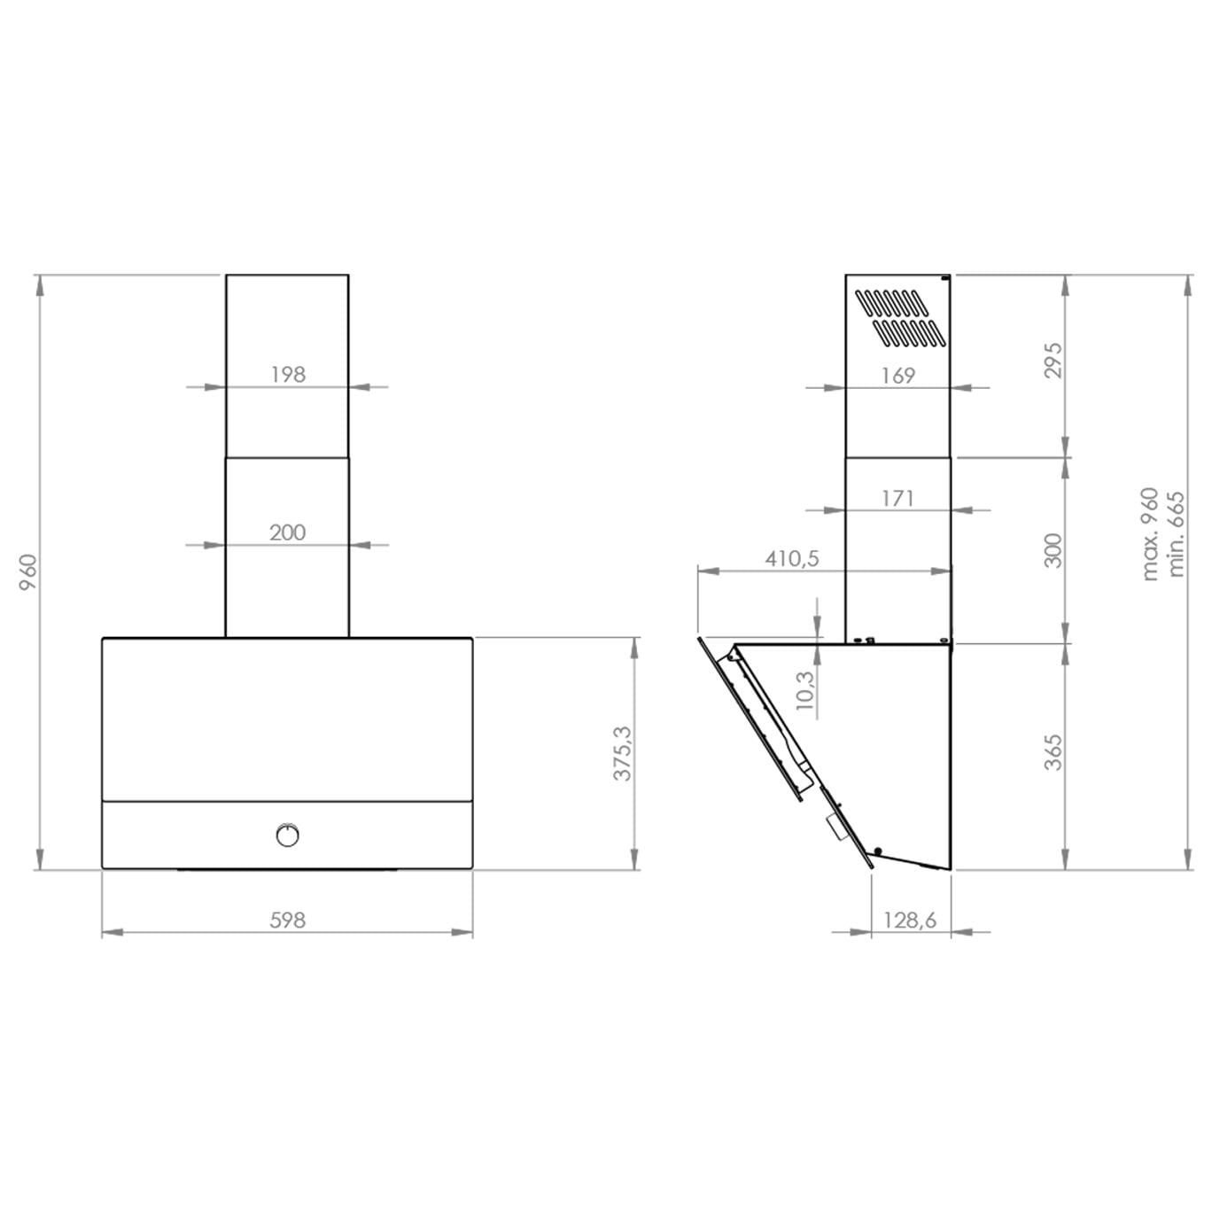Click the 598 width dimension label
pyautogui.click(x=287, y=921)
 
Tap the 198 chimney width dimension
pyautogui.click(x=288, y=374)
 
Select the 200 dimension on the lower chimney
pyautogui.click(x=287, y=532)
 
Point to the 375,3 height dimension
pyautogui.click(x=622, y=753)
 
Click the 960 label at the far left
pyautogui.click(x=28, y=572)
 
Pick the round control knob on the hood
pyautogui.click(x=287, y=835)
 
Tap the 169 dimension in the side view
pyautogui.click(x=897, y=376)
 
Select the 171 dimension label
pyautogui.click(x=897, y=498)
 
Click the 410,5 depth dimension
pyautogui.click(x=792, y=558)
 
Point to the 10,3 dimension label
pyautogui.click(x=804, y=690)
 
